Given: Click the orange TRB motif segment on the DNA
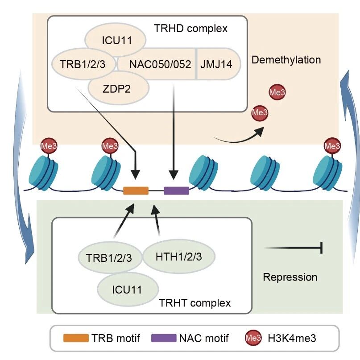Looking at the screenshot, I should coord(136,190).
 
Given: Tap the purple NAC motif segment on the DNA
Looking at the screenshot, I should coord(176,190).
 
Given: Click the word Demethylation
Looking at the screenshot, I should coord(286,59).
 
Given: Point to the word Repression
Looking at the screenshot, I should coord(290,277).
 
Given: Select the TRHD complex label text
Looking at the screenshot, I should coord(190,29).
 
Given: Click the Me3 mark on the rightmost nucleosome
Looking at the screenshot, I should coord(331,145).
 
